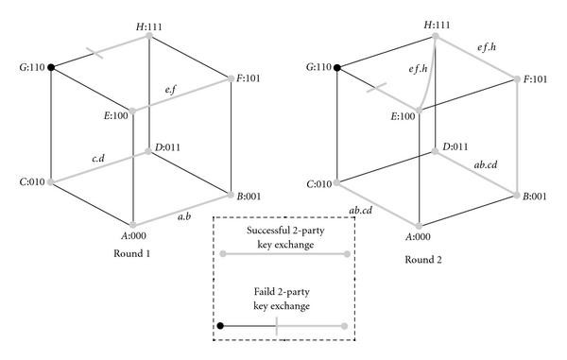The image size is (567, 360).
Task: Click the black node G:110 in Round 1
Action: [50, 66]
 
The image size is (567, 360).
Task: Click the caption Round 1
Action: [131, 253]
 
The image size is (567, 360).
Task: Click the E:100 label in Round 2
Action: [403, 115]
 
